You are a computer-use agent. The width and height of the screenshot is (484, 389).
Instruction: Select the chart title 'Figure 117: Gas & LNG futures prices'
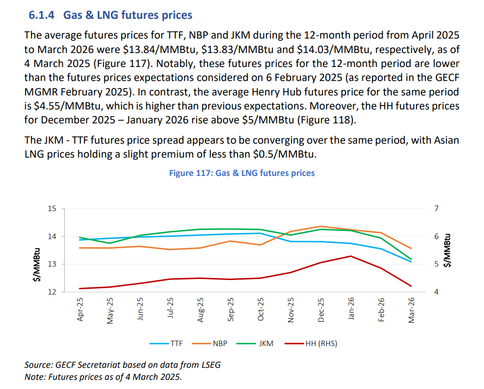click(x=241, y=173)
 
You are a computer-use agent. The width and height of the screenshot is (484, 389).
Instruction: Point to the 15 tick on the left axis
click(x=52, y=209)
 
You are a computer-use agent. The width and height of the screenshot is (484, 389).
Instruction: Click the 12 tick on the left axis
click(x=52, y=292)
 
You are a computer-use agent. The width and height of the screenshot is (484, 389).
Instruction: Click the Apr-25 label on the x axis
click(x=81, y=309)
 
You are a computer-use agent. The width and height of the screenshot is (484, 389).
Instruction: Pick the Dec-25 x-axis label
click(x=321, y=309)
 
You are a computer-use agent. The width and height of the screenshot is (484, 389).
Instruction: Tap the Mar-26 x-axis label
click(x=412, y=309)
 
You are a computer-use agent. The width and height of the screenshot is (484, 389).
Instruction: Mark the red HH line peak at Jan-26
click(x=351, y=256)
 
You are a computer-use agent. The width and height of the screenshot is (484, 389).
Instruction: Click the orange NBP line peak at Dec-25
click(x=321, y=226)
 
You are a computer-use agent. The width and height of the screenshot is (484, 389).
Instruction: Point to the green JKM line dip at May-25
click(x=111, y=243)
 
